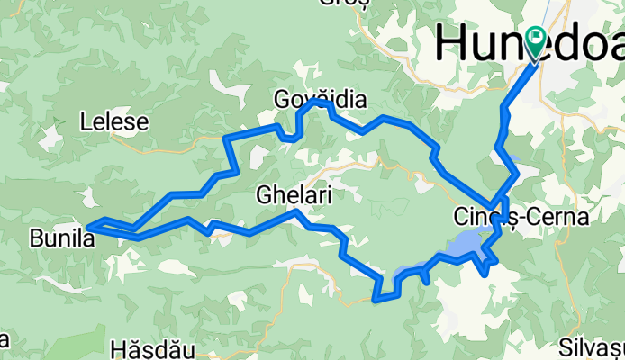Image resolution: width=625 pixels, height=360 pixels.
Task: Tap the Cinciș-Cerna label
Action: click(521, 218)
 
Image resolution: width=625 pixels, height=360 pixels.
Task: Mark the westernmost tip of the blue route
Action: click(88, 228)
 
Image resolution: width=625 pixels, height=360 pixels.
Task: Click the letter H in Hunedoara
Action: click(451, 43)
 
